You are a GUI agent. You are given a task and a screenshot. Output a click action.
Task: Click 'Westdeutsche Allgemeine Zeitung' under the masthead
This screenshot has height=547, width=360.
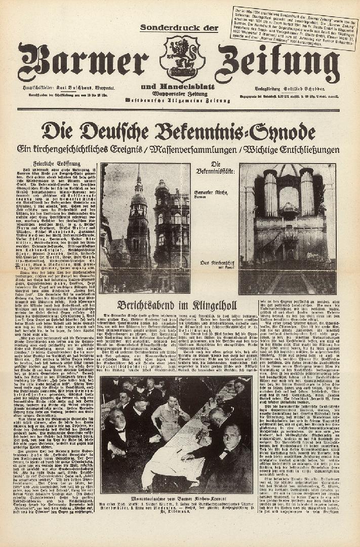[181, 99]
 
